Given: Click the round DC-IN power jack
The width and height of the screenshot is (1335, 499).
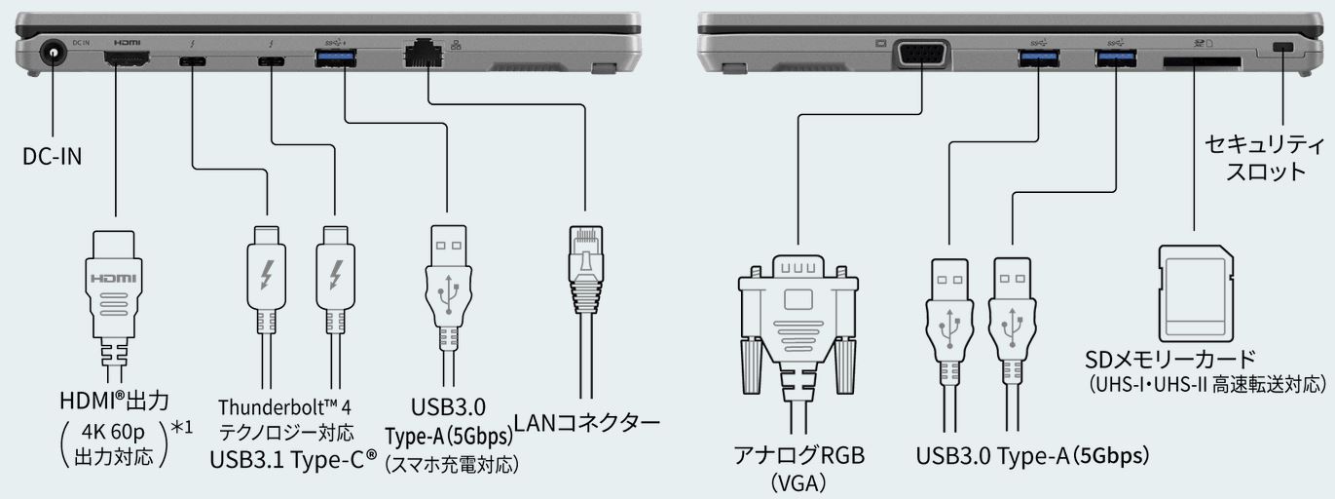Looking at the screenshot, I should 45,59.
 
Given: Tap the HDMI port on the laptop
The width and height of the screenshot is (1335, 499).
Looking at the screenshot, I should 127,60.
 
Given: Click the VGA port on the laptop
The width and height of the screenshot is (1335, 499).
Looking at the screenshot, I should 921,55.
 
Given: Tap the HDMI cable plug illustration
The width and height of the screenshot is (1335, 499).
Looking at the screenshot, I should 115,283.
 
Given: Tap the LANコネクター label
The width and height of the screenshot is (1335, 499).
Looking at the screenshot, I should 587,424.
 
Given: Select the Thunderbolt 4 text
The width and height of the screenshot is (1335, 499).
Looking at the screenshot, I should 285,406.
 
